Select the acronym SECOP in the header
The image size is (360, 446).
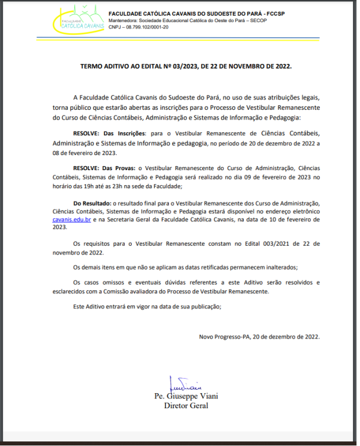[265, 20]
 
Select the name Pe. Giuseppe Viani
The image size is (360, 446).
[186, 396]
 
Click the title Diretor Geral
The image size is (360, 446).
[186, 405]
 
